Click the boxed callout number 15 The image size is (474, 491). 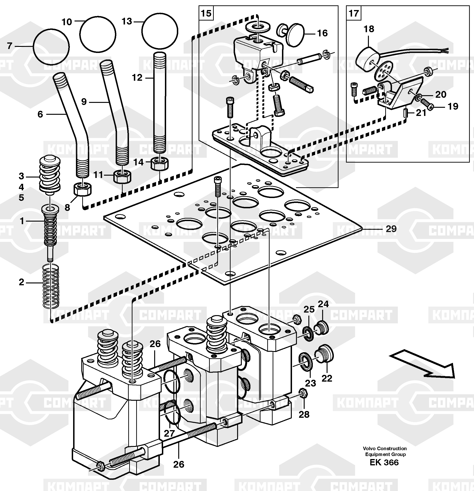coord(206,13)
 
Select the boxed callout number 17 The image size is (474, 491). coord(353,13)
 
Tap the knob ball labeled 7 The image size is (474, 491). coord(51,47)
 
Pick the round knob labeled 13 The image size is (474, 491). coord(160,31)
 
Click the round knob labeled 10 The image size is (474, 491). coord(98,35)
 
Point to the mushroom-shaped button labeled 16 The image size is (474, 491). coord(291,34)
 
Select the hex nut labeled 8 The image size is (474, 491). coord(82,189)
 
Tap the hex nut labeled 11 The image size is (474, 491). coord(122,177)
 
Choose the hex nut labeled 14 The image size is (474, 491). coord(160,164)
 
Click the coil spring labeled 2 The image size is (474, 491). coord(51,286)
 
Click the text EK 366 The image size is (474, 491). coord(384,462)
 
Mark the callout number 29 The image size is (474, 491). coord(391,229)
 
